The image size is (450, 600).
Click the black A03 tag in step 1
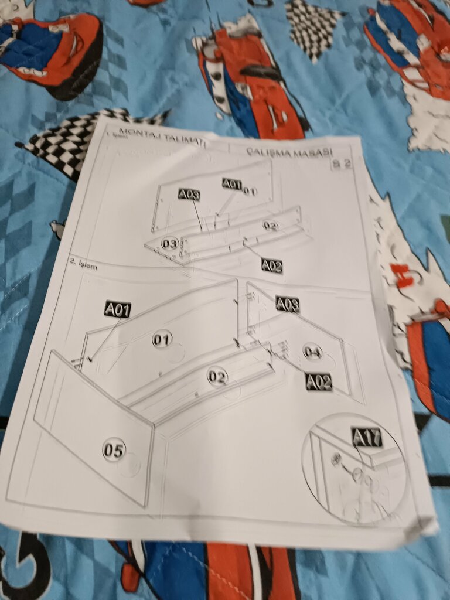point(189,195)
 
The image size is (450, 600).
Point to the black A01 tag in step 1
point(232,184)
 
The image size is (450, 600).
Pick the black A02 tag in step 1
point(272,265)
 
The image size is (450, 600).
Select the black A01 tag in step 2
point(117,309)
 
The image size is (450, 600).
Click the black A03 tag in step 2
point(287,304)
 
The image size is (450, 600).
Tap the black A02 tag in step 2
point(319,382)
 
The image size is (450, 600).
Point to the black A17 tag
point(367,437)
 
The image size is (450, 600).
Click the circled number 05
point(114,450)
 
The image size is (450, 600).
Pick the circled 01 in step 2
point(162,339)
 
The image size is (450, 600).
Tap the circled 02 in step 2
point(217,377)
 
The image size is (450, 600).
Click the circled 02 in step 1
point(270,226)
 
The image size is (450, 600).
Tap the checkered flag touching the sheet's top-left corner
point(70,141)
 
